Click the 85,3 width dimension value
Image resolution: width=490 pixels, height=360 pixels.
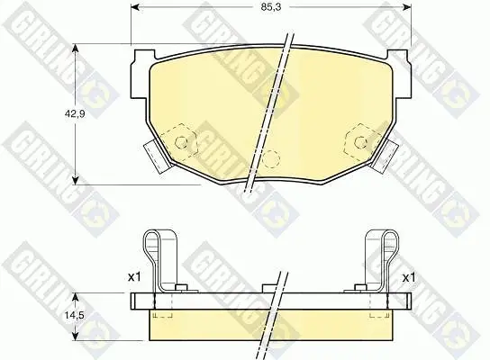(x=267, y=7)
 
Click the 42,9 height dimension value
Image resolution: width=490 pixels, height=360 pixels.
(x=75, y=114)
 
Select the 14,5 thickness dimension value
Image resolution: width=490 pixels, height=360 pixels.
(x=75, y=315)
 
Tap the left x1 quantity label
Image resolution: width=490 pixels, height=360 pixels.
(x=134, y=276)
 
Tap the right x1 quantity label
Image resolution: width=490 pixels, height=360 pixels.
(x=408, y=277)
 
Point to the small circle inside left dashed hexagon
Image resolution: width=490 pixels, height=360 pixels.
(x=181, y=142)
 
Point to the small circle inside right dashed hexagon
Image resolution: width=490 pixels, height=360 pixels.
(x=360, y=142)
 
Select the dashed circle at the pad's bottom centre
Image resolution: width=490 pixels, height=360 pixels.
(x=270, y=158)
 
